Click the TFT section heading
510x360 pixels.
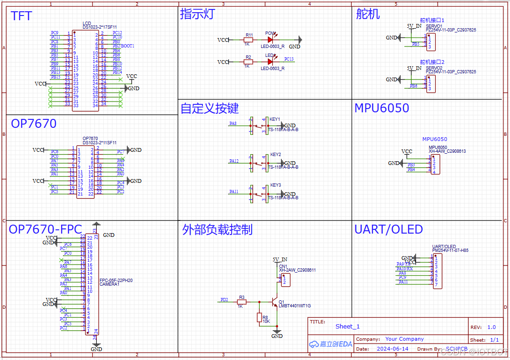(x=22, y=16)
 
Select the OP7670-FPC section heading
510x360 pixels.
(x=46, y=229)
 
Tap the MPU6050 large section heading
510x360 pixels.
(x=381, y=108)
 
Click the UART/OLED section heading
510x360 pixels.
(x=388, y=229)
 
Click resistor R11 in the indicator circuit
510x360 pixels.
(x=248, y=40)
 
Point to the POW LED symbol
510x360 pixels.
(x=270, y=40)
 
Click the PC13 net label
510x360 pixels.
(x=289, y=59)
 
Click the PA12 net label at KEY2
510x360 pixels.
(x=234, y=161)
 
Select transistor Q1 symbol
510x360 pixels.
(x=275, y=301)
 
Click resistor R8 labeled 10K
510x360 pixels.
(x=259, y=318)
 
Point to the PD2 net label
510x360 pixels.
(x=224, y=299)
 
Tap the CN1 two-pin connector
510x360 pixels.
(x=285, y=280)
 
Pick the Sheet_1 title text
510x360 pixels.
(x=348, y=327)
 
